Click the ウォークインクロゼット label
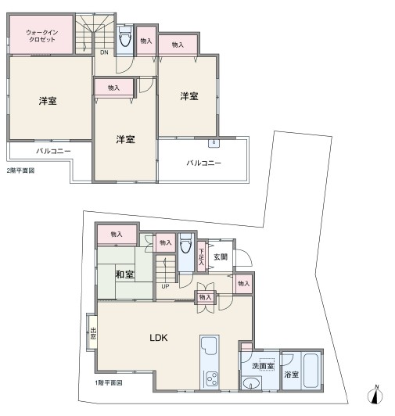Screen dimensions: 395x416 41,36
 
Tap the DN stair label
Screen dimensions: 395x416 104,52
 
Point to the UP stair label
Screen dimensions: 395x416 165,286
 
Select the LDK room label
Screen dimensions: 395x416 159,338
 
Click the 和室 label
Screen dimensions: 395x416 124,274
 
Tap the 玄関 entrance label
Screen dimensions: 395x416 221,256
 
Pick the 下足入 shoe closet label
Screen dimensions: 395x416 202,256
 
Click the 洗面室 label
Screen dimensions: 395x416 263,366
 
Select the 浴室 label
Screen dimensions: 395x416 291,375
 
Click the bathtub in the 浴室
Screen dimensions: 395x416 311,370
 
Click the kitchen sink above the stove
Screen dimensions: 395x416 210,348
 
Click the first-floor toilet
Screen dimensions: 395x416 186,243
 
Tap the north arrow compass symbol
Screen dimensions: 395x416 375,395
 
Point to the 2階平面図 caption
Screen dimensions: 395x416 20,170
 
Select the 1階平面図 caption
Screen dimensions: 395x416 108,383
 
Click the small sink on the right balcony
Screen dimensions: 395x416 214,143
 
